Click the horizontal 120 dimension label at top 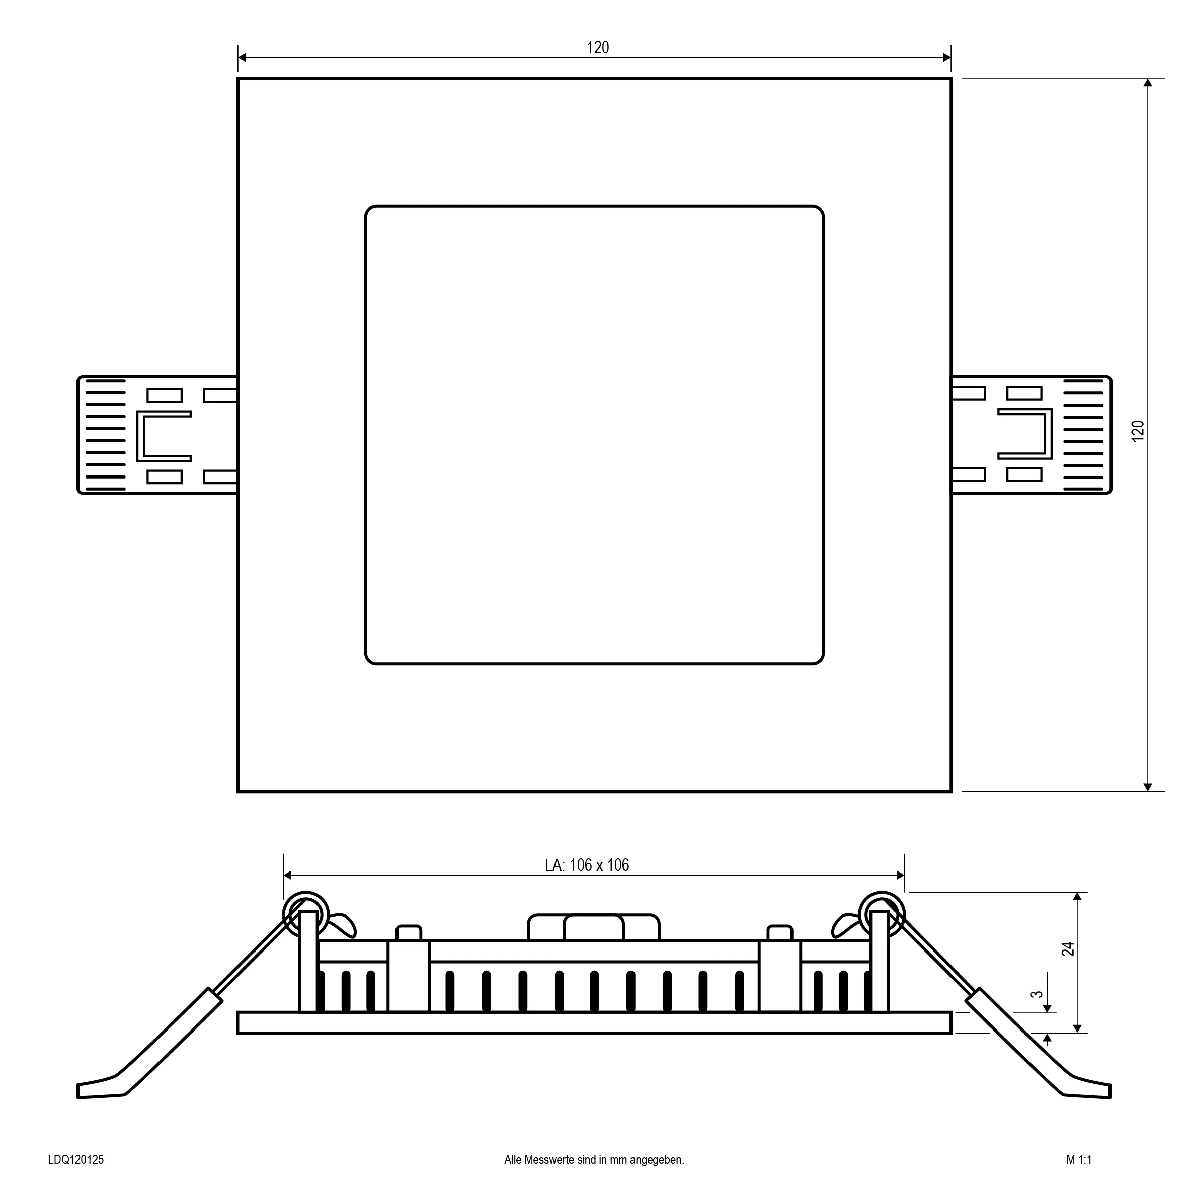(x=598, y=47)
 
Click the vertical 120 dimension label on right (x=1138, y=430)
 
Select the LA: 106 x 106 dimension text (x=587, y=865)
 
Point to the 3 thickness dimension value (x=1037, y=994)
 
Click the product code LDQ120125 (x=75, y=1160)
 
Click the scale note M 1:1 (x=1079, y=1160)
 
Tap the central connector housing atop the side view (x=594, y=927)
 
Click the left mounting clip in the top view (x=157, y=435)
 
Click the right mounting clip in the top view (x=1032, y=435)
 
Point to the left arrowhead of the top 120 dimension (x=242, y=58)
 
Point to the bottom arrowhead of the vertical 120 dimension (x=1147, y=787)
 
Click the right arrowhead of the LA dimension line (x=900, y=875)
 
